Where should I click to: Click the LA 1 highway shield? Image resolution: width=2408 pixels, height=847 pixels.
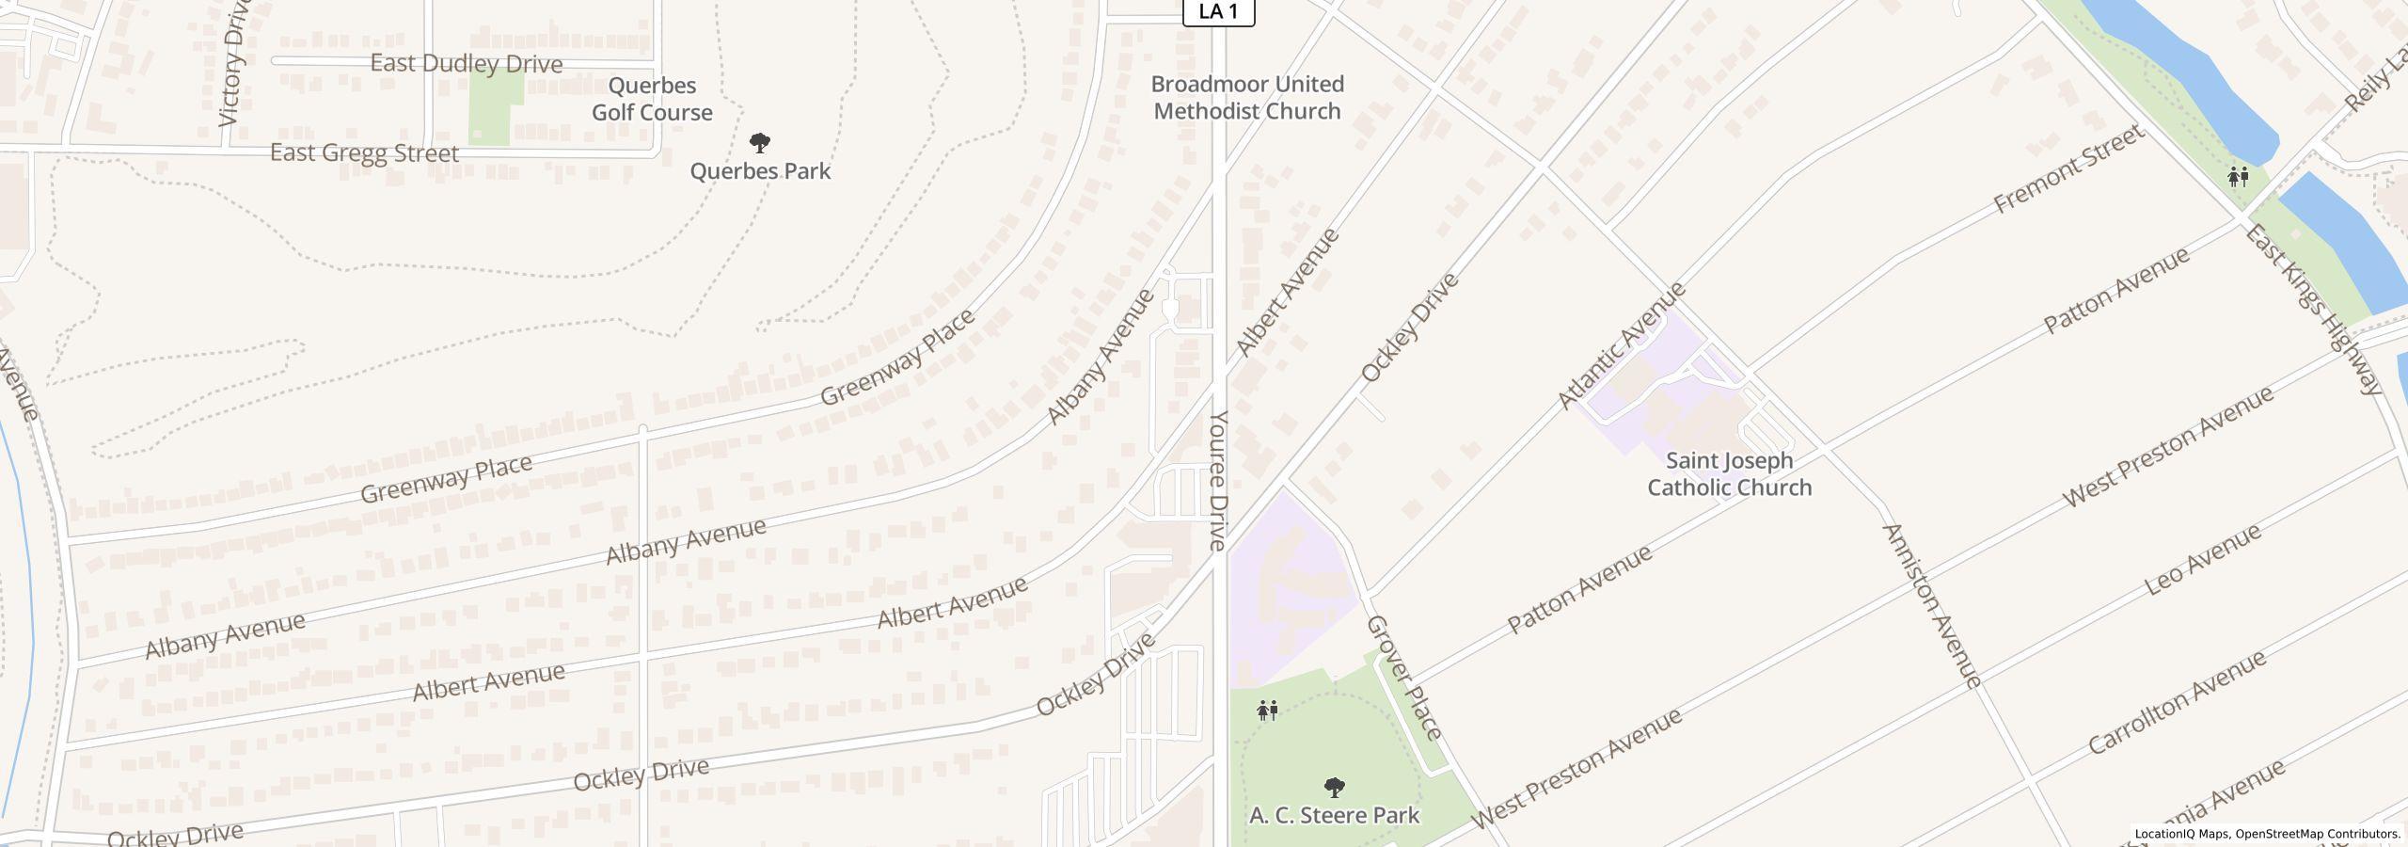[1218, 12]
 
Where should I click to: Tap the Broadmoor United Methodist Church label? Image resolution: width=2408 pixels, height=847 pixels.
[1247, 98]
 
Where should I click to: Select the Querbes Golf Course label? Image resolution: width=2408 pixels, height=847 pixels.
[652, 99]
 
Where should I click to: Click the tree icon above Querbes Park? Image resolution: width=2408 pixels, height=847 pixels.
[760, 143]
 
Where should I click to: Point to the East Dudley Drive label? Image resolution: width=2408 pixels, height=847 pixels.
[467, 64]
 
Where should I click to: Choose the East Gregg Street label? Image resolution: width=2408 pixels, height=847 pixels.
[364, 152]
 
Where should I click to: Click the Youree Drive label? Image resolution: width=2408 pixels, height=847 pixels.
[1219, 480]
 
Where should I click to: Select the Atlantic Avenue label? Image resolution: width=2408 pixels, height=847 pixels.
[1622, 345]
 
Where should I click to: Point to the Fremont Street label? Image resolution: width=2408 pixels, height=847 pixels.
[2067, 169]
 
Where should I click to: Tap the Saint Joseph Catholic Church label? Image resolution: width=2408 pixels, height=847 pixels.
[1729, 474]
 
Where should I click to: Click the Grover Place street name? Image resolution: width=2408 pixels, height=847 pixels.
[1403, 677]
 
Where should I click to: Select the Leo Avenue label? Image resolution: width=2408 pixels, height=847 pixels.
[2202, 560]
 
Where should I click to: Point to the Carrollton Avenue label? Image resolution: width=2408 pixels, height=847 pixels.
[2177, 702]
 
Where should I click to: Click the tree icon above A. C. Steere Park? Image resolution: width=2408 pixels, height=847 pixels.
[1334, 787]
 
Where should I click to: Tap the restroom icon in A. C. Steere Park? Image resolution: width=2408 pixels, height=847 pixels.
[1267, 711]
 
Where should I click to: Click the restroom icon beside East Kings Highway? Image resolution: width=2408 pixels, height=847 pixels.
[2238, 176]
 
